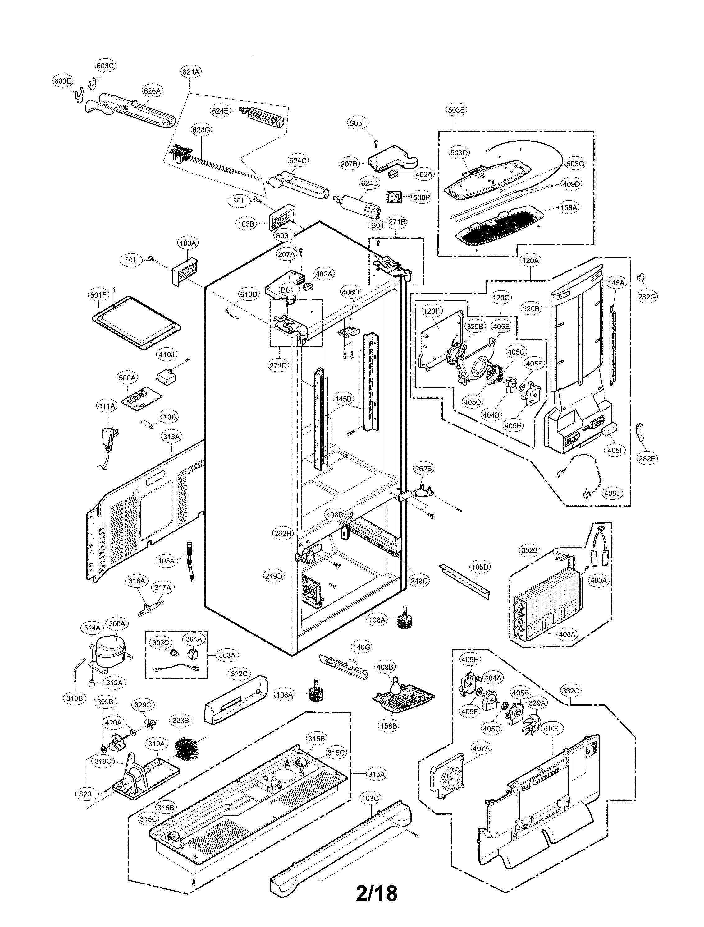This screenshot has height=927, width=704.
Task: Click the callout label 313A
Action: pos(171,437)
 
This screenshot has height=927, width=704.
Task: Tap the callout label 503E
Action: pos(456,110)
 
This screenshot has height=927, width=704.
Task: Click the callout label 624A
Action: pos(191,72)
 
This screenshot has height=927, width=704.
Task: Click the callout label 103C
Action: pos(370,798)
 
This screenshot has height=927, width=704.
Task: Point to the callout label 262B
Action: pos(423,469)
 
